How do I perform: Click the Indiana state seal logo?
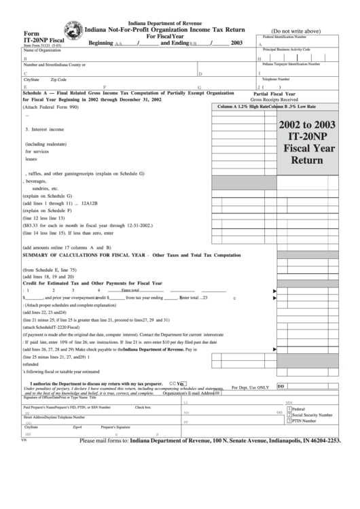(x=69, y=33)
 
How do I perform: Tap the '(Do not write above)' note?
(x=295, y=31)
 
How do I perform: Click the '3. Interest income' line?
(x=45, y=129)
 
